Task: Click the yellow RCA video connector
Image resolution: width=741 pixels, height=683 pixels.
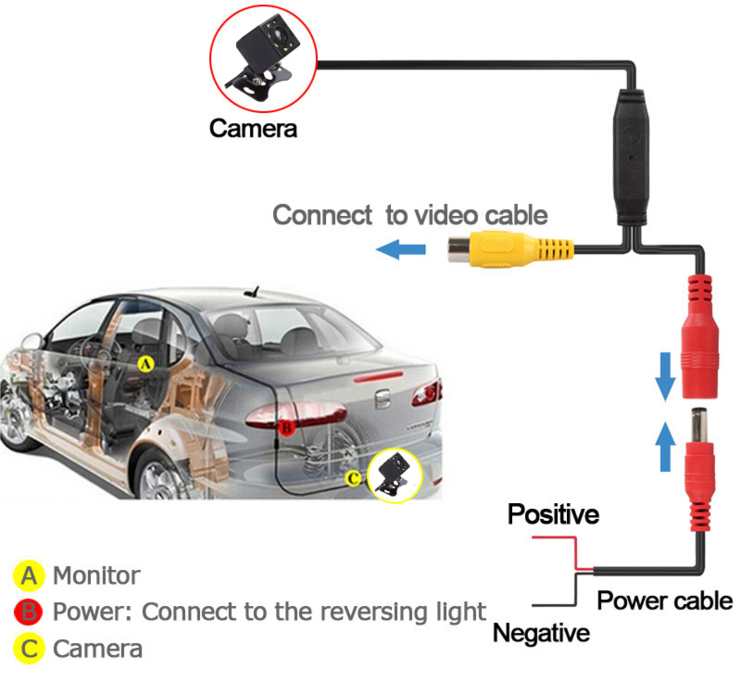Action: (x=510, y=248)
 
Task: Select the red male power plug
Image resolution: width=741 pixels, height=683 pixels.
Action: (x=699, y=469)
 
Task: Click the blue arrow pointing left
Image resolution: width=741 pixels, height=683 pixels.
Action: (x=401, y=249)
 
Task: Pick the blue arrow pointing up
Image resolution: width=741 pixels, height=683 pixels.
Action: (x=665, y=446)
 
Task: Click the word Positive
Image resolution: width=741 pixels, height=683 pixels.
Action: (x=553, y=514)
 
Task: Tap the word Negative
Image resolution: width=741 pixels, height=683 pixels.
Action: (x=542, y=633)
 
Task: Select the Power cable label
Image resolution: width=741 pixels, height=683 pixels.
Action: (x=664, y=601)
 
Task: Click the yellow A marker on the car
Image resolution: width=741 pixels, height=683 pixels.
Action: (x=145, y=364)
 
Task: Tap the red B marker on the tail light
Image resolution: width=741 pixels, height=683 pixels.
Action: (x=286, y=428)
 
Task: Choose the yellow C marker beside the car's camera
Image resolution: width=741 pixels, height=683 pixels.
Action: (x=353, y=479)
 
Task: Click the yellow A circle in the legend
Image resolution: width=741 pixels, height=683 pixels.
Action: (x=29, y=576)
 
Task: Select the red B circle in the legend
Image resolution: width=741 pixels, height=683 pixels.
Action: (x=29, y=613)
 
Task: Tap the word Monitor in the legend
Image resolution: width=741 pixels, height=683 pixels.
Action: (x=96, y=575)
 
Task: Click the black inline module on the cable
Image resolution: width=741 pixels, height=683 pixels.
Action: (x=631, y=158)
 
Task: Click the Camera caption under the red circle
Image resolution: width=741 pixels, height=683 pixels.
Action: (x=253, y=129)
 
